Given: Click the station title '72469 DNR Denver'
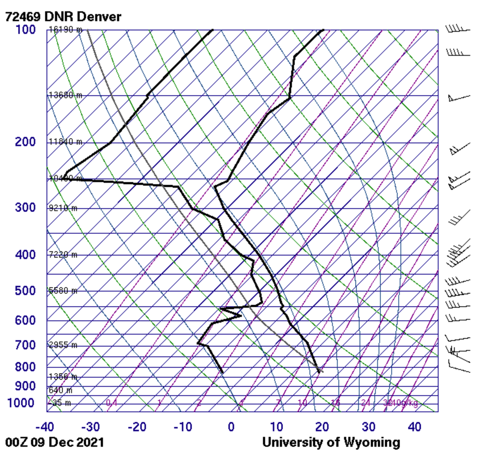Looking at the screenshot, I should (63, 17).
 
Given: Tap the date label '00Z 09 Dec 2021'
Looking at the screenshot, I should (55, 442).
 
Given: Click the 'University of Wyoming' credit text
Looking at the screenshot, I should (331, 442).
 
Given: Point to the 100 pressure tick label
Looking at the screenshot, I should (25, 30).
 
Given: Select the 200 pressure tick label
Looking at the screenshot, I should (25, 142).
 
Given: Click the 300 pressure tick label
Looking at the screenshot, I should (25, 208).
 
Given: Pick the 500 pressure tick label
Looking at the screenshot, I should (25, 291).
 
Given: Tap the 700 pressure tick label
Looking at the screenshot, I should (25, 345).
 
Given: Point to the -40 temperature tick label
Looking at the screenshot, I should (45, 427).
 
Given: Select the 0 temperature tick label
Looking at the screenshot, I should (231, 427).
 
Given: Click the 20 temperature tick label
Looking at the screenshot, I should (322, 427).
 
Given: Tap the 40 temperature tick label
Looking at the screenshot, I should (415, 427).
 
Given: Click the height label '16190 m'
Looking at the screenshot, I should (65, 30).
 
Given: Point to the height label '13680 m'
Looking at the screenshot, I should (65, 95).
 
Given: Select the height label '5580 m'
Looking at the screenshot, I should (63, 291).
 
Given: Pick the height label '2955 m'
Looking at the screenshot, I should (63, 345).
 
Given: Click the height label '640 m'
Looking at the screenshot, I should (60, 390).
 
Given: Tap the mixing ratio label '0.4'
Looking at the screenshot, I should (111, 403).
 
